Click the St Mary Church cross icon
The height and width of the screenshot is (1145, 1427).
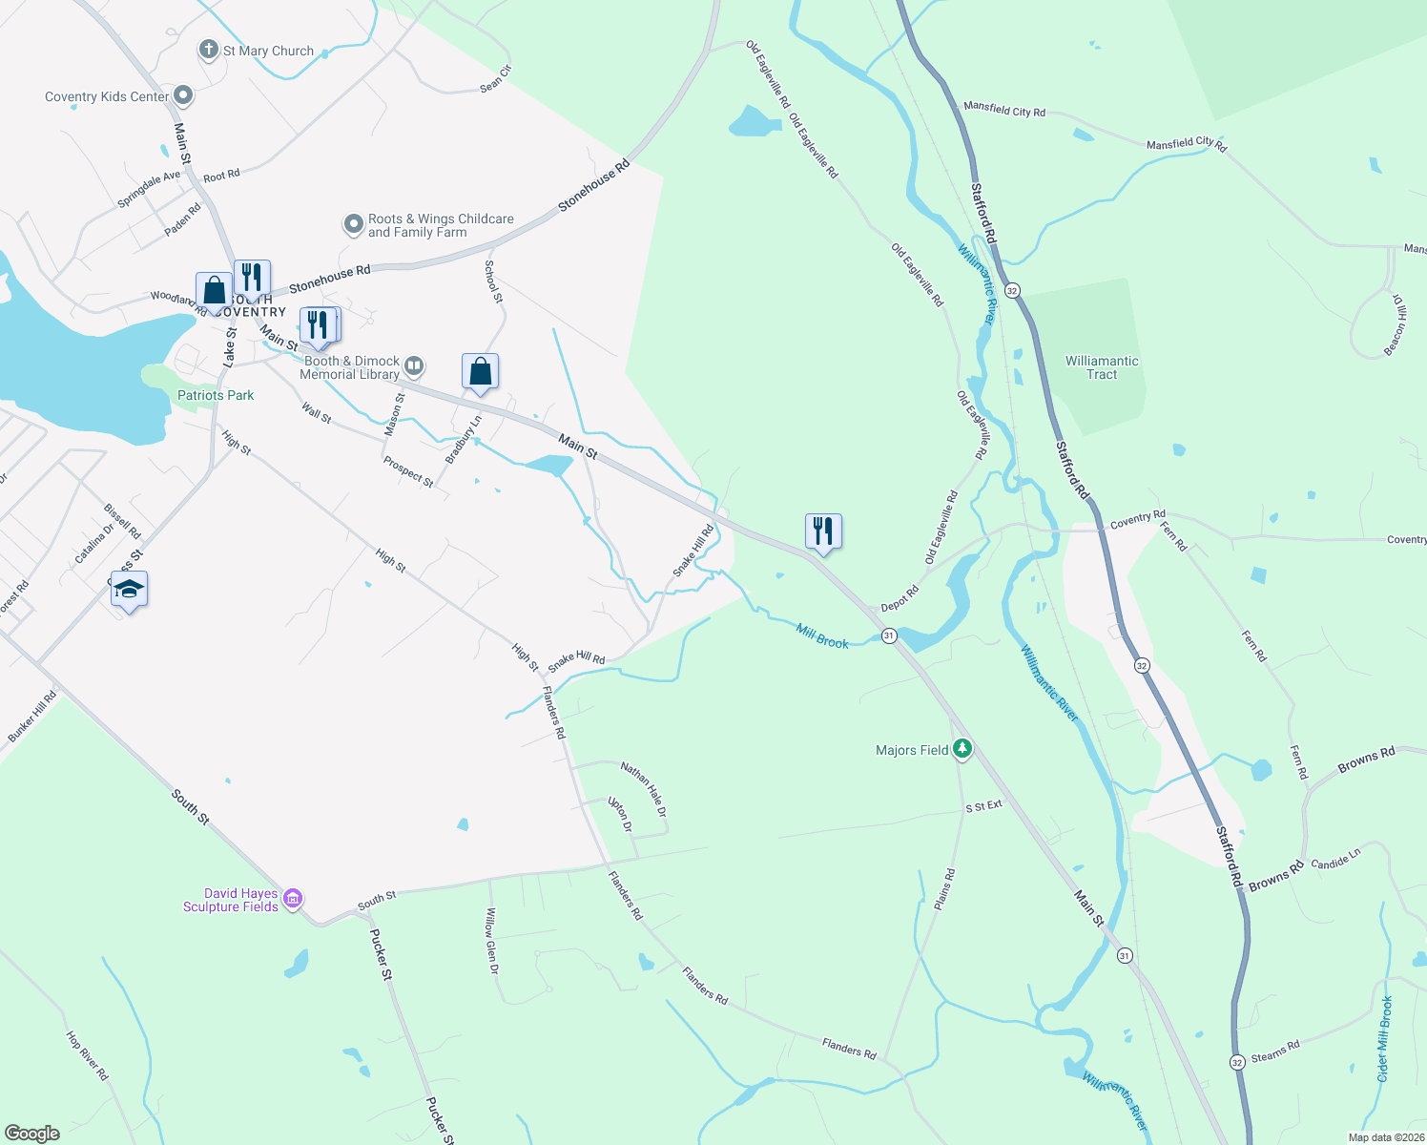[208, 50]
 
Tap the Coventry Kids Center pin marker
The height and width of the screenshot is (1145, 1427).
[183, 95]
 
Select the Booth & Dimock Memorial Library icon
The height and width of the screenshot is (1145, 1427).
[414, 365]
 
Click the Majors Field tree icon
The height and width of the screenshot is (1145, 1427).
[962, 749]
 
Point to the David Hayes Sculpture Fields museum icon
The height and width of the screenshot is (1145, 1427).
[293, 899]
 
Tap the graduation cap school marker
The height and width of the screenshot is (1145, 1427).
[129, 590]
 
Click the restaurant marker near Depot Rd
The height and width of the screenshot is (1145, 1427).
[823, 531]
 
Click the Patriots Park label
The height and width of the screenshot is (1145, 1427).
[216, 395]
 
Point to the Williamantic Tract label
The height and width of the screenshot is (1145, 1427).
[1102, 367]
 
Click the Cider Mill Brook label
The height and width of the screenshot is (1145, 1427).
[1385, 1039]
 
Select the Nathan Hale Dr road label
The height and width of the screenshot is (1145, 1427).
[644, 788]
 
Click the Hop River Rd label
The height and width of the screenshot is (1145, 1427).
[87, 1054]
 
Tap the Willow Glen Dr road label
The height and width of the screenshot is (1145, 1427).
[492, 940]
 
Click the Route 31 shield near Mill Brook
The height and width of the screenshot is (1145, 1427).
[889, 635]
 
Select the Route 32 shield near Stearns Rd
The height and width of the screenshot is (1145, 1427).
[1237, 1062]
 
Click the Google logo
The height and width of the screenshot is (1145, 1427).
[32, 1134]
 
